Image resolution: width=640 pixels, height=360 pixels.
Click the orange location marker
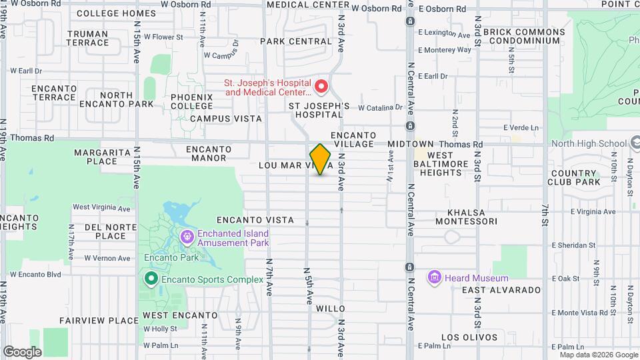[x=321, y=159]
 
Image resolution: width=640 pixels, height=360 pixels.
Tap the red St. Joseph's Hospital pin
[x=321, y=87]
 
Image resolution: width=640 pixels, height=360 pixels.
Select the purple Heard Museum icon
[x=435, y=277]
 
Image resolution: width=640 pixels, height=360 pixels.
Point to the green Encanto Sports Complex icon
[x=151, y=279]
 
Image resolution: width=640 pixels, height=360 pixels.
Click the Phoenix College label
[x=191, y=101]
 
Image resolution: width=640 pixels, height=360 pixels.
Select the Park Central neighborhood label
[x=296, y=41]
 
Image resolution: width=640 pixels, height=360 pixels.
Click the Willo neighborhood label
[x=331, y=309]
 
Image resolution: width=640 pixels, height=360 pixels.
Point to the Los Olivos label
[x=469, y=337]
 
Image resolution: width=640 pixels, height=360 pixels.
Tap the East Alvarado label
[x=501, y=290]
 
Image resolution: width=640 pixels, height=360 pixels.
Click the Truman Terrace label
[x=87, y=37]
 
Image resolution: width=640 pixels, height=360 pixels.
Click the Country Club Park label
[x=575, y=177]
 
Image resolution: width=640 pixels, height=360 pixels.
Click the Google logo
[x=22, y=351]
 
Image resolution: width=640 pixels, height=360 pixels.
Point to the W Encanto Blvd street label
[x=35, y=274]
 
